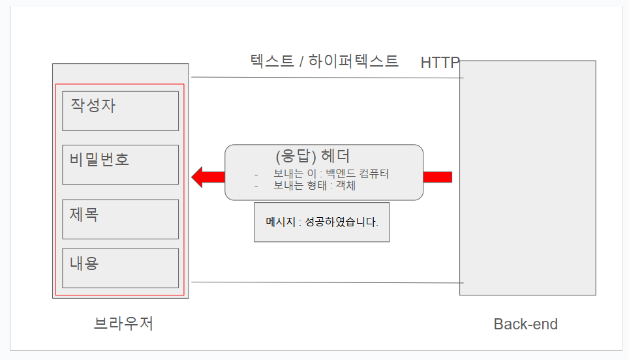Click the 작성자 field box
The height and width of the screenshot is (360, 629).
(120, 111)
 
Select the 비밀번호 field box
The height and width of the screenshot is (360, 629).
(120, 164)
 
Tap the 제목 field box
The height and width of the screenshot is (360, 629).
(120, 219)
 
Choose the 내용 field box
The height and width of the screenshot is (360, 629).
(120, 268)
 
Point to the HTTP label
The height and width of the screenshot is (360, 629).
(440, 63)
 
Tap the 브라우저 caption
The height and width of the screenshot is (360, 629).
(124, 323)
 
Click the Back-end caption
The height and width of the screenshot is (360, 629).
(525, 324)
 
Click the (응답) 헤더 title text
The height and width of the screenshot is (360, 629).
(313, 157)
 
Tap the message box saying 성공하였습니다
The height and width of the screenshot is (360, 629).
(322, 222)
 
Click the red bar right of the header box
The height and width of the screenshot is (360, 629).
(437, 177)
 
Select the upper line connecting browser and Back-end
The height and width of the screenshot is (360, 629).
(326, 78)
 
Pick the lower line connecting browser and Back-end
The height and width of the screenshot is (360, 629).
(326, 282)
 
